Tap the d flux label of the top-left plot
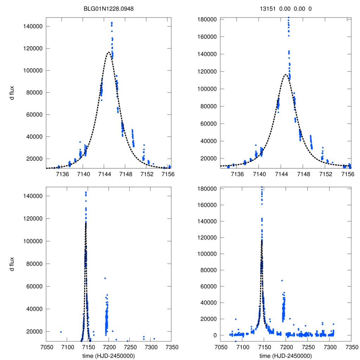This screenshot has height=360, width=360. [x=12, y=93]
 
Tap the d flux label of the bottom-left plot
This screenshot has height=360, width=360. [x=12, y=264]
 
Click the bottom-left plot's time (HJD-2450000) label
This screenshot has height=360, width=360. [x=108, y=355]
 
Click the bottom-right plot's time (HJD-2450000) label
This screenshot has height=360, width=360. [x=285, y=355]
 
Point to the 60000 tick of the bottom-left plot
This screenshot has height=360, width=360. [x=34, y=287]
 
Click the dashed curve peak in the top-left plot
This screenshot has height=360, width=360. [x=109, y=52]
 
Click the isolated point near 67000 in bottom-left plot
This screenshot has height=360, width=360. [x=105, y=278]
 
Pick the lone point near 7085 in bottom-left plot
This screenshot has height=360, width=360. [x=61, y=332]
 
